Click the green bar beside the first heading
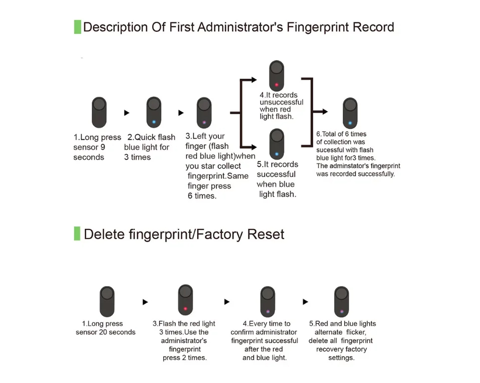(x=77, y=27)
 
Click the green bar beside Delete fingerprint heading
(x=77, y=233)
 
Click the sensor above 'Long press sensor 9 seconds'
(x=99, y=112)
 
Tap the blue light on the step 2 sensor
(x=154, y=122)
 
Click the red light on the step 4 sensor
(x=276, y=85)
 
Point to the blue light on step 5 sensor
(x=276, y=154)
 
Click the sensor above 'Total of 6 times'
(x=350, y=113)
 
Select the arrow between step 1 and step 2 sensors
(x=127, y=113)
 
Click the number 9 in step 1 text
(x=103, y=148)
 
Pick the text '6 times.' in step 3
(x=202, y=196)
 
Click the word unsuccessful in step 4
(x=281, y=102)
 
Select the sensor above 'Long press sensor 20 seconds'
(x=107, y=301)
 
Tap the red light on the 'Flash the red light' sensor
(x=185, y=309)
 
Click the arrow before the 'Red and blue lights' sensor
(x=305, y=302)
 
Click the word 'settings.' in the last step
(x=341, y=358)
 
